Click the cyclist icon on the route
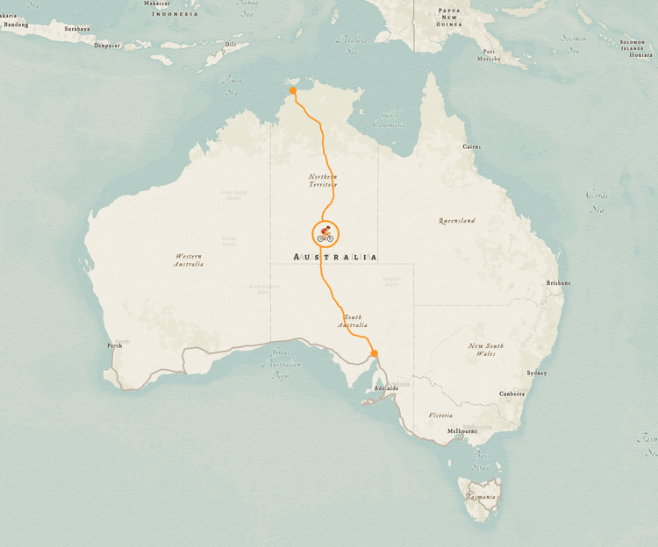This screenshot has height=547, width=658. (325, 234)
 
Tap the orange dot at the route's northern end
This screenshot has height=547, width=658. (293, 90)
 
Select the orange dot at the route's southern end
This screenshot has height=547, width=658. (374, 353)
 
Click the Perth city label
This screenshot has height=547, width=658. (115, 345)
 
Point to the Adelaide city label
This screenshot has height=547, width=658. (386, 387)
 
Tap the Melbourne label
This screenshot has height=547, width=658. (462, 431)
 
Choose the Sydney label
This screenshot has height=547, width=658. (536, 373)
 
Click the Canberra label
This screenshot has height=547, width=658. (512, 394)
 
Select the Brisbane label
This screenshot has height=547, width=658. (559, 283)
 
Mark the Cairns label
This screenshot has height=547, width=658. (472, 147)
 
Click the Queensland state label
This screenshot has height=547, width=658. (457, 221)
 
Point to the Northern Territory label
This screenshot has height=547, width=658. (323, 181)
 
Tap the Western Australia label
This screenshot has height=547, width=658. (189, 259)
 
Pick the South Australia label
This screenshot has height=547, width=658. (353, 321)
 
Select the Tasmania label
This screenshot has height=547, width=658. (480, 497)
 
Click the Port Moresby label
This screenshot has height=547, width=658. (490, 55)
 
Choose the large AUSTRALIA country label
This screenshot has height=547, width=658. (336, 257)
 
